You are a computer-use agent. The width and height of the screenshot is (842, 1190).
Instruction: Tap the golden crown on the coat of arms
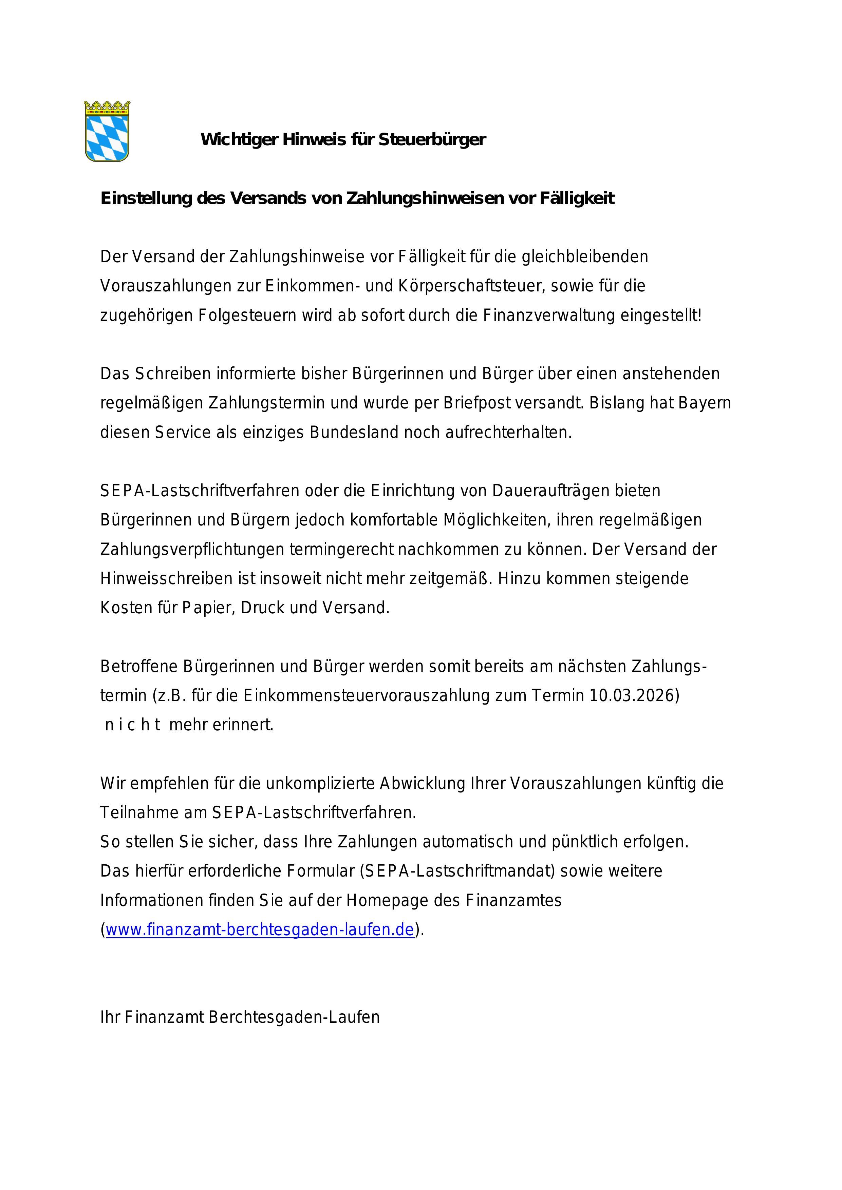[x=107, y=107]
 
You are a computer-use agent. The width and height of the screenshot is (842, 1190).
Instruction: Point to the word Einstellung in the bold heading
[x=146, y=198]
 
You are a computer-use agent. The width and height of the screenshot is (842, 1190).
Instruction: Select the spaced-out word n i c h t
[x=132, y=725]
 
